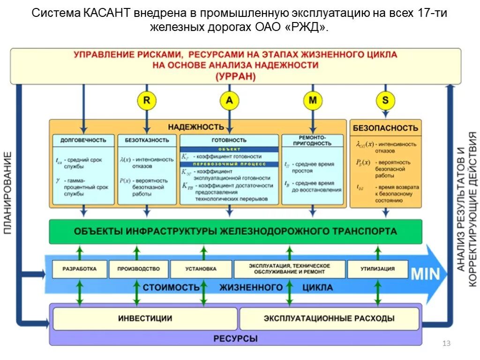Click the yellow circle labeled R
[146, 100]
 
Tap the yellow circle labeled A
[229, 100]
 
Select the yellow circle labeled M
[312, 100]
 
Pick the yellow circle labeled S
[385, 100]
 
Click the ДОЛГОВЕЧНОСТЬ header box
[83, 140]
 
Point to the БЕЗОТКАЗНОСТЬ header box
[147, 140]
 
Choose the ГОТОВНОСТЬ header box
[229, 140]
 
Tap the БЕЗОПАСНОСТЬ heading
[385, 128]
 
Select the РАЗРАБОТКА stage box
[79, 269]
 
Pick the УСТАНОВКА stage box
[201, 269]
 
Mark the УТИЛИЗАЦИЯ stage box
[377, 269]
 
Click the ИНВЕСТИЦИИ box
[145, 319]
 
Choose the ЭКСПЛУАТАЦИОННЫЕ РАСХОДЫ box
[329, 319]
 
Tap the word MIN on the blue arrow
[425, 274]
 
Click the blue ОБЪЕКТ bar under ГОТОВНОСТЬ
[229, 149]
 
